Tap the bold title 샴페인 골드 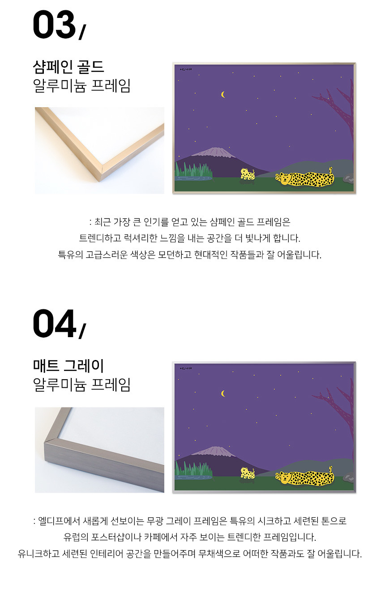pos(68,67)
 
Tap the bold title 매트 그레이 pos(68,366)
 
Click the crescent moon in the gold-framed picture pos(223,94)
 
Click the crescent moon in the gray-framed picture pos(223,394)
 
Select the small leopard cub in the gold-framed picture pos(248,174)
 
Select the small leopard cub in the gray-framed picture pos(248,473)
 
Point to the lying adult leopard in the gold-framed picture pos(305,178)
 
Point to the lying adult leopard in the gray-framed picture pos(305,477)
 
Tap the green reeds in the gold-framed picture pos(194,169)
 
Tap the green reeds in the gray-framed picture pos(194,469)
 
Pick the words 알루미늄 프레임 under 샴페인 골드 pos(81,86)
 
